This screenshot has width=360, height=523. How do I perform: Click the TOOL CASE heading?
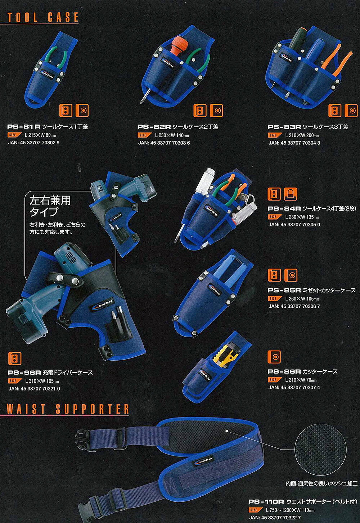click(x=43, y=18)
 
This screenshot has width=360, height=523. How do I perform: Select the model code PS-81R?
click(x=24, y=127)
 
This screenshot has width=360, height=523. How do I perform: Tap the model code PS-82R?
click(x=154, y=127)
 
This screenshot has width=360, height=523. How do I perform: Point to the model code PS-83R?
click(x=284, y=127)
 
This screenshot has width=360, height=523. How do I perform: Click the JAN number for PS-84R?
click(x=294, y=225)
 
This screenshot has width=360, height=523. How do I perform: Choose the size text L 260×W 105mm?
click(x=302, y=299)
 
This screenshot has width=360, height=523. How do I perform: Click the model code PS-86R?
click(x=284, y=371)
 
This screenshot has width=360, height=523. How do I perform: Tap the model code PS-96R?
click(x=24, y=373)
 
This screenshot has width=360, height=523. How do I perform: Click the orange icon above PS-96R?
click(x=14, y=359)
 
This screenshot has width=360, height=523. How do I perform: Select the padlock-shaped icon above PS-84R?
click(x=291, y=194)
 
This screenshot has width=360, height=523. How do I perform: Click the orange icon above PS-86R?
click(x=274, y=357)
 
